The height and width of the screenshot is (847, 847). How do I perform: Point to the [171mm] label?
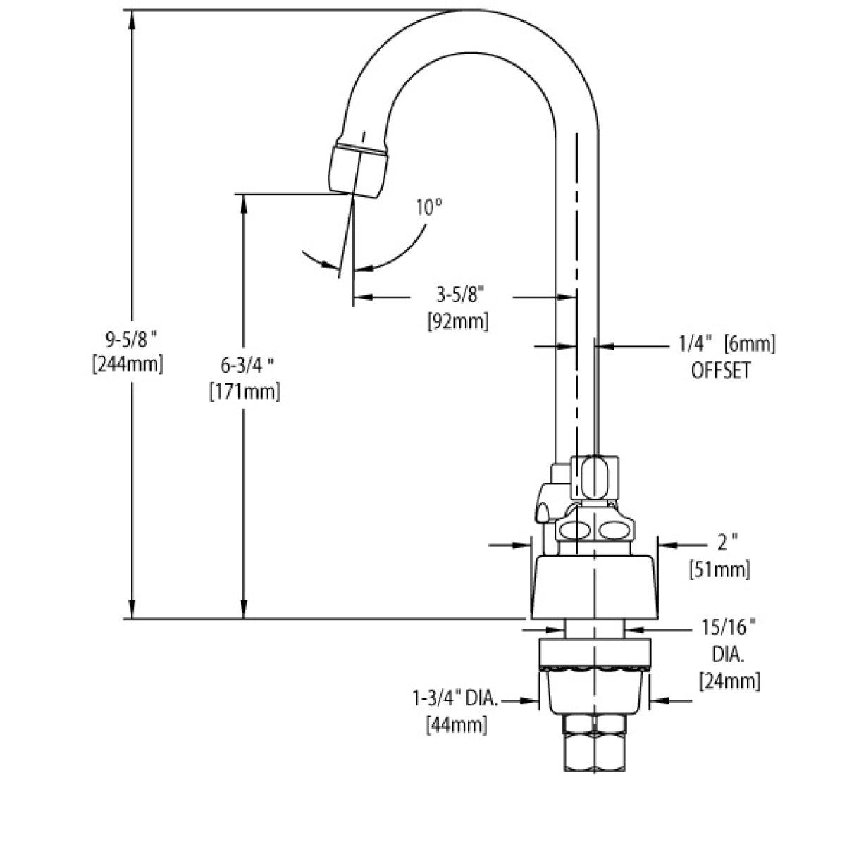[x=245, y=391]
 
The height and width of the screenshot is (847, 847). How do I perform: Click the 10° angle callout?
[x=428, y=208]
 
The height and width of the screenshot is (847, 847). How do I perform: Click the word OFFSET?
[x=721, y=370]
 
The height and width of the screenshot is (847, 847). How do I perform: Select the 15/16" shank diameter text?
[x=729, y=627]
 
